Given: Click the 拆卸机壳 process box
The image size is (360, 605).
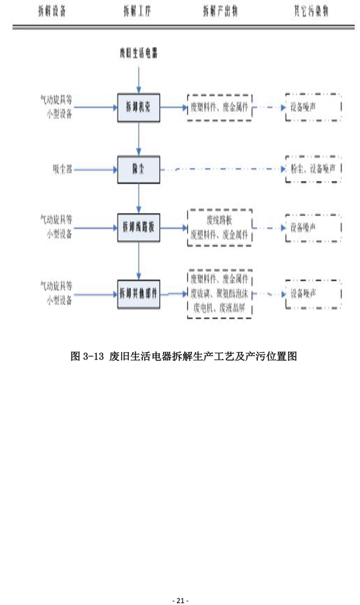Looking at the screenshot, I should tap(139, 108).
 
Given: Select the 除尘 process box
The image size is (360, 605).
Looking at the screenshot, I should tap(139, 170).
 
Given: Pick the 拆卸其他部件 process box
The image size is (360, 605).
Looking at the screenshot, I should tap(139, 293).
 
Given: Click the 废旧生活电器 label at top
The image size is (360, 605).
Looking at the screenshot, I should tap(139, 56).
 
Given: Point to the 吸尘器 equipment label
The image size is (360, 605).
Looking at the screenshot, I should tap(62, 170).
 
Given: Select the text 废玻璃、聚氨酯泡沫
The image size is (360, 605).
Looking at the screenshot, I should tap(220, 293).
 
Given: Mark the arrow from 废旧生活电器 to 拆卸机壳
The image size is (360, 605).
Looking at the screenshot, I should tap(139, 79).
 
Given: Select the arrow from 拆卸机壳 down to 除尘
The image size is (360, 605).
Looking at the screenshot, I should tap(139, 139).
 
